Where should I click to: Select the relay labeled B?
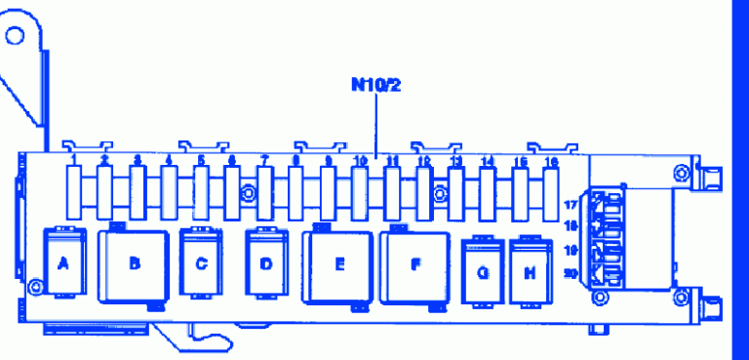coord(135,263)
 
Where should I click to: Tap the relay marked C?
coord(201,262)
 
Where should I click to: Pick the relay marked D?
coord(266,262)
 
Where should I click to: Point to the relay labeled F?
coord(415,264)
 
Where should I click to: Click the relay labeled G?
coord(482,272)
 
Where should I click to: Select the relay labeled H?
coord(530,272)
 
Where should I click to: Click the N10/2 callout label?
coord(376,84)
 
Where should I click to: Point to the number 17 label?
coord(571,206)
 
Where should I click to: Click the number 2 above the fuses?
coord(105,159)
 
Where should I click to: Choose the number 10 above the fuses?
coord(360,159)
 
